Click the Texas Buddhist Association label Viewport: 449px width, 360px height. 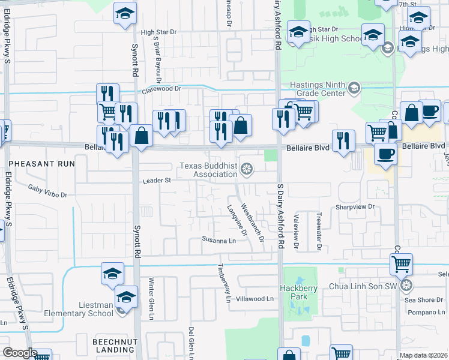[208, 170]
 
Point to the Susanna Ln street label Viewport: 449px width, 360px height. [218, 241]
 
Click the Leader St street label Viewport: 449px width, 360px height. [157, 180]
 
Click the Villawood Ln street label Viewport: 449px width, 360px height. [255, 299]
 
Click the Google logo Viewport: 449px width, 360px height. [20, 353]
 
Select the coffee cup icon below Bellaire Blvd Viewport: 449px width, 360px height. [385, 153]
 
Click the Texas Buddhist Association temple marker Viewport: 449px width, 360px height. [246, 170]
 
